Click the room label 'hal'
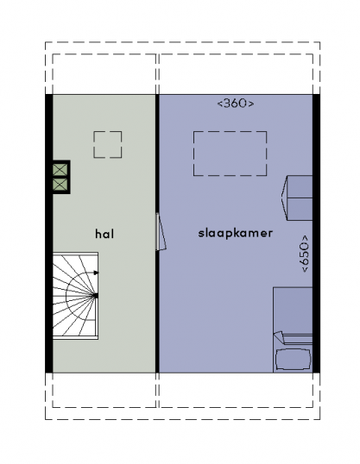104,234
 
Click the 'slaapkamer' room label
236,233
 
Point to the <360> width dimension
236,103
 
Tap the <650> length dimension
305,254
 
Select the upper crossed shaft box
60,170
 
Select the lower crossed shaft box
60,185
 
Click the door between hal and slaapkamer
161,232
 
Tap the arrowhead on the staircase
96,273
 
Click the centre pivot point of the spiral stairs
96,295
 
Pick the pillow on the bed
294,360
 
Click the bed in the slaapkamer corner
293,329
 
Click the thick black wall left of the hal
49,234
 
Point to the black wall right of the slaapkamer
316,234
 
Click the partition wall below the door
157,311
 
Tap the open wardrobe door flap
284,198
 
